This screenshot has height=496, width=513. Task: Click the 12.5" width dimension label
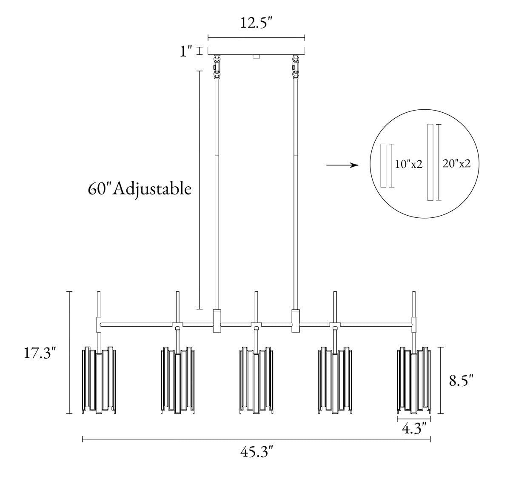point(256,23)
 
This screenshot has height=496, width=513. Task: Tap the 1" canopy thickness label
point(185,51)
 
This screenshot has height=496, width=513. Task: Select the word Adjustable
point(152,189)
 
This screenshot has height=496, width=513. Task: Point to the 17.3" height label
point(40,353)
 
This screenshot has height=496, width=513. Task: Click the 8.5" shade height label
point(462,381)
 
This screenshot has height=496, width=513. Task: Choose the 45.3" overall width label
point(256,452)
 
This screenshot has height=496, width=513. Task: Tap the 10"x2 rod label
point(408,165)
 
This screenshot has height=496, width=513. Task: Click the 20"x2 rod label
point(456,164)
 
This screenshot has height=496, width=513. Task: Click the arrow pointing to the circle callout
point(342,165)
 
